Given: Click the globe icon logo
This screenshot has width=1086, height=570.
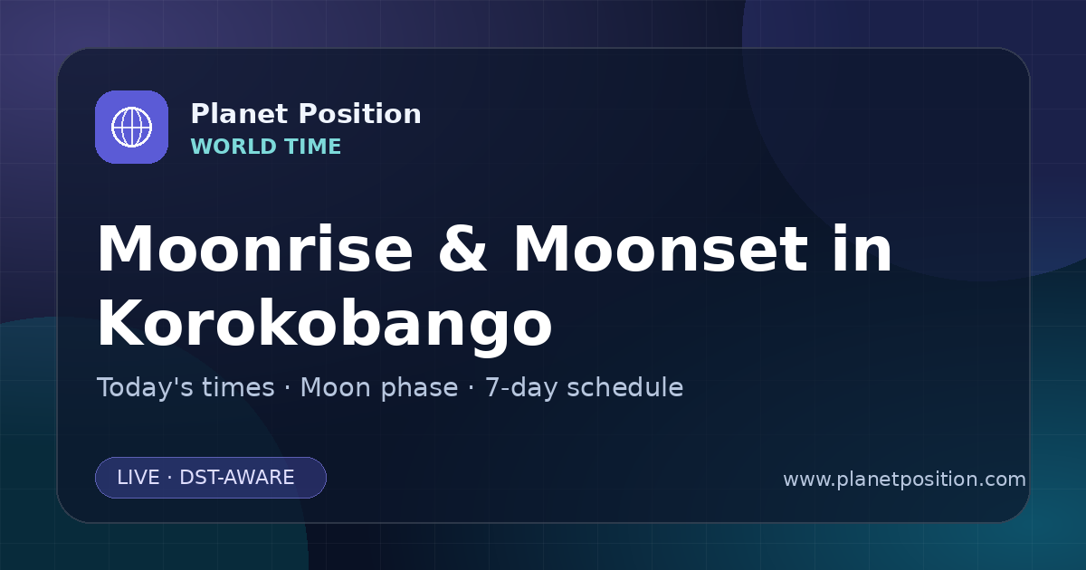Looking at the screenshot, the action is point(131,127).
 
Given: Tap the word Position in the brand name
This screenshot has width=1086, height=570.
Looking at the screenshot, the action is point(360,113).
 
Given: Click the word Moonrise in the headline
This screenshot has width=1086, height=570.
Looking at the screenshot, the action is point(255,249).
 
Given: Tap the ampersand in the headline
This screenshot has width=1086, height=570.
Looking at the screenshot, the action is point(462,249).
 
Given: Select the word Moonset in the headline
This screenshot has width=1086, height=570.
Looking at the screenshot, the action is point(661,249).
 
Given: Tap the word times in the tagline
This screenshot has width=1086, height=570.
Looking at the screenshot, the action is point(238,388).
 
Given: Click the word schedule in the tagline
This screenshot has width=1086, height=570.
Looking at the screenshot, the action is point(625,388).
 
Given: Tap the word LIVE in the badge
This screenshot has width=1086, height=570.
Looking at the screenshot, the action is point(138,478).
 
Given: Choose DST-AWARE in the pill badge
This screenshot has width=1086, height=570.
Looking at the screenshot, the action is point(236,478).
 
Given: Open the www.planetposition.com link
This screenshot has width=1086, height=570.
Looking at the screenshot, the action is point(904,480).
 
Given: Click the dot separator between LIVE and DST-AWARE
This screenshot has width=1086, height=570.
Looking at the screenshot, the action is point(169,478).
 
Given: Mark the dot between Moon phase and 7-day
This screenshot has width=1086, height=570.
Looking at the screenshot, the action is point(472,389).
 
